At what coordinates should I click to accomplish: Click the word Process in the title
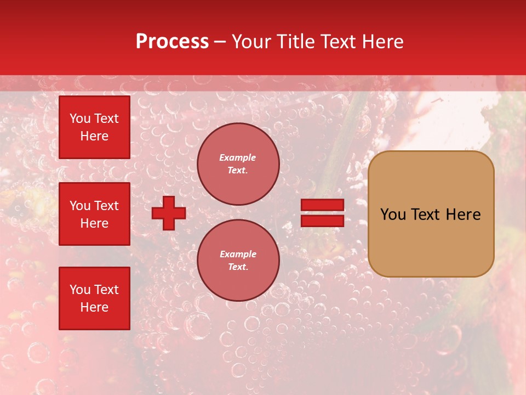(x=172, y=42)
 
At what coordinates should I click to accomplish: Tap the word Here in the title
(x=382, y=42)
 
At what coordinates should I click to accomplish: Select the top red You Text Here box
(x=94, y=127)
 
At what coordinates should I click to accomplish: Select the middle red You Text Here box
(x=94, y=214)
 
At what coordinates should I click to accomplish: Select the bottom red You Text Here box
(x=94, y=298)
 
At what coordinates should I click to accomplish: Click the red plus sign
(x=169, y=213)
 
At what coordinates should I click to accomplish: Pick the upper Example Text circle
(x=238, y=164)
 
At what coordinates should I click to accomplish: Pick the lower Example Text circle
(x=238, y=260)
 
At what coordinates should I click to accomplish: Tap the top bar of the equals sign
(x=322, y=205)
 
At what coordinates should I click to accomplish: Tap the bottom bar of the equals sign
(x=322, y=221)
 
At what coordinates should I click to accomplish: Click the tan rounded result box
(x=431, y=214)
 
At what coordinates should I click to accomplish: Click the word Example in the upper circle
(x=238, y=157)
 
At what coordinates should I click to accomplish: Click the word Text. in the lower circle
(x=238, y=267)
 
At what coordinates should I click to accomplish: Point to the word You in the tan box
(x=393, y=215)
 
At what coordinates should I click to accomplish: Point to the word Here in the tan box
(x=463, y=215)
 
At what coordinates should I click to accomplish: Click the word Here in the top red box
(x=94, y=136)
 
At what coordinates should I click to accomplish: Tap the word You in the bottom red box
(x=80, y=289)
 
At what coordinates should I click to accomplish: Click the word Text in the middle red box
(x=106, y=206)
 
